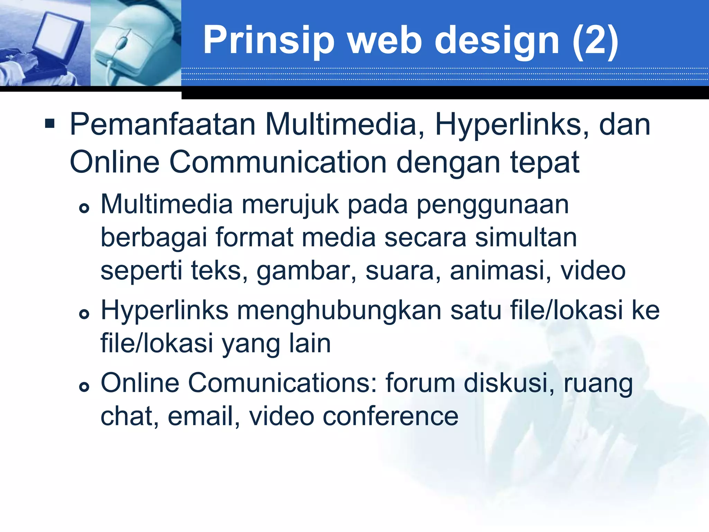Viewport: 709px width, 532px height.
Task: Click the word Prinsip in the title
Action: (x=268, y=41)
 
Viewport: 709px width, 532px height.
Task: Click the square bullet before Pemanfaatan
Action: (x=50, y=124)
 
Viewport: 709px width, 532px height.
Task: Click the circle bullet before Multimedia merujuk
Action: (x=84, y=208)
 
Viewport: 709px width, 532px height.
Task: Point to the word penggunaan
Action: (x=493, y=205)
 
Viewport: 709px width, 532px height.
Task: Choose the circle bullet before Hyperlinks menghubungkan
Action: (x=84, y=314)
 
